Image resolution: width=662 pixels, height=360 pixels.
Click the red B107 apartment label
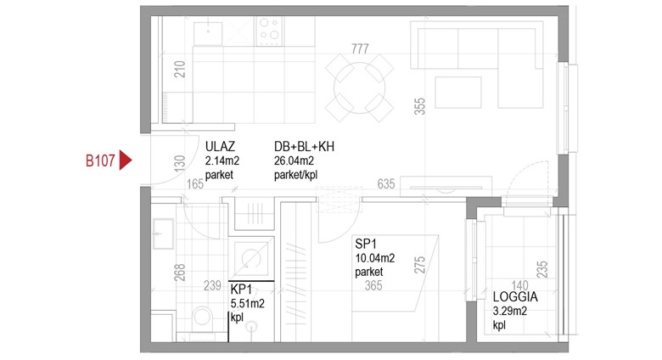(100, 160)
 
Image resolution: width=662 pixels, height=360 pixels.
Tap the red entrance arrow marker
(125, 160)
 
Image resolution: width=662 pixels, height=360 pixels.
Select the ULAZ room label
(220, 147)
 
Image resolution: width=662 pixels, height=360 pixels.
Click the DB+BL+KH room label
(304, 147)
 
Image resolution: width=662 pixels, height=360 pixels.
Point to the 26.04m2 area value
(294, 160)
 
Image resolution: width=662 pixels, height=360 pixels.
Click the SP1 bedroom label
(366, 244)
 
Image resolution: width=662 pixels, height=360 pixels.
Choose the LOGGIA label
(515, 296)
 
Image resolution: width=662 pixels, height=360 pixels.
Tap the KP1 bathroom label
(241, 290)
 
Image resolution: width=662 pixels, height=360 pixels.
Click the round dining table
(359, 88)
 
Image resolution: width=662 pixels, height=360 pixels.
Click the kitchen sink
(208, 33)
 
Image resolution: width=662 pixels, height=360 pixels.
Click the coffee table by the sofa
(458, 92)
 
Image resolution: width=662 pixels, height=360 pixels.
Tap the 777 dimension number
(360, 49)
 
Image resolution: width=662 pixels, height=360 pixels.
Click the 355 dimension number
(419, 106)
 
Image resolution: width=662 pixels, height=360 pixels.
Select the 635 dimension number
(386, 183)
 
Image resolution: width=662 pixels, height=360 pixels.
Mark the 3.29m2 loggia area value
(509, 312)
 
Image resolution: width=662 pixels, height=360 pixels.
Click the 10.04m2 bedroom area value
(375, 258)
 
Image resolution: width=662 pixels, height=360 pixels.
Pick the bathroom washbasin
(163, 233)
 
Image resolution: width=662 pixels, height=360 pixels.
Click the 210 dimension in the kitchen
(180, 69)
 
